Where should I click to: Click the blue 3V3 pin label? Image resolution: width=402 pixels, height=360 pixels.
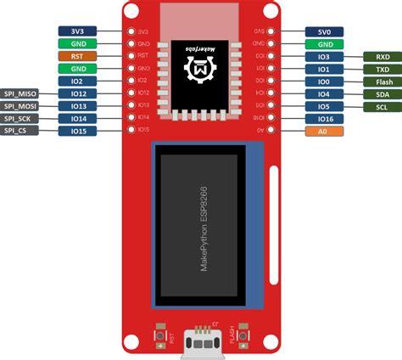[78, 31]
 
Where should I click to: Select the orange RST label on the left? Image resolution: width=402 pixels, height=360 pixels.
[78, 56]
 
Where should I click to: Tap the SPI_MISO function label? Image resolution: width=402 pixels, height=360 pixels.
[20, 93]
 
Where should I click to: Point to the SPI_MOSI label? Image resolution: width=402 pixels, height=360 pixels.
[20, 105]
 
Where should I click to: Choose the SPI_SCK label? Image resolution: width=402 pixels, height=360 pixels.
[20, 118]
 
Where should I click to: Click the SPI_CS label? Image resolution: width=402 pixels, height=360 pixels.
[20, 131]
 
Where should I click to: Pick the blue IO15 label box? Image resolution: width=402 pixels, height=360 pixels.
[78, 131]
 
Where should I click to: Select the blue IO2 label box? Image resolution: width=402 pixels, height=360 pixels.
[78, 81]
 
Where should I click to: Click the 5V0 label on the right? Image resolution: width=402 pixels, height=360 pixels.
[324, 31]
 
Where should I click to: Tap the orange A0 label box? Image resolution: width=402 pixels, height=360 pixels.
[324, 132]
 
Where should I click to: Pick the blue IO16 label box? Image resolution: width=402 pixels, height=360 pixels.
[324, 119]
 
